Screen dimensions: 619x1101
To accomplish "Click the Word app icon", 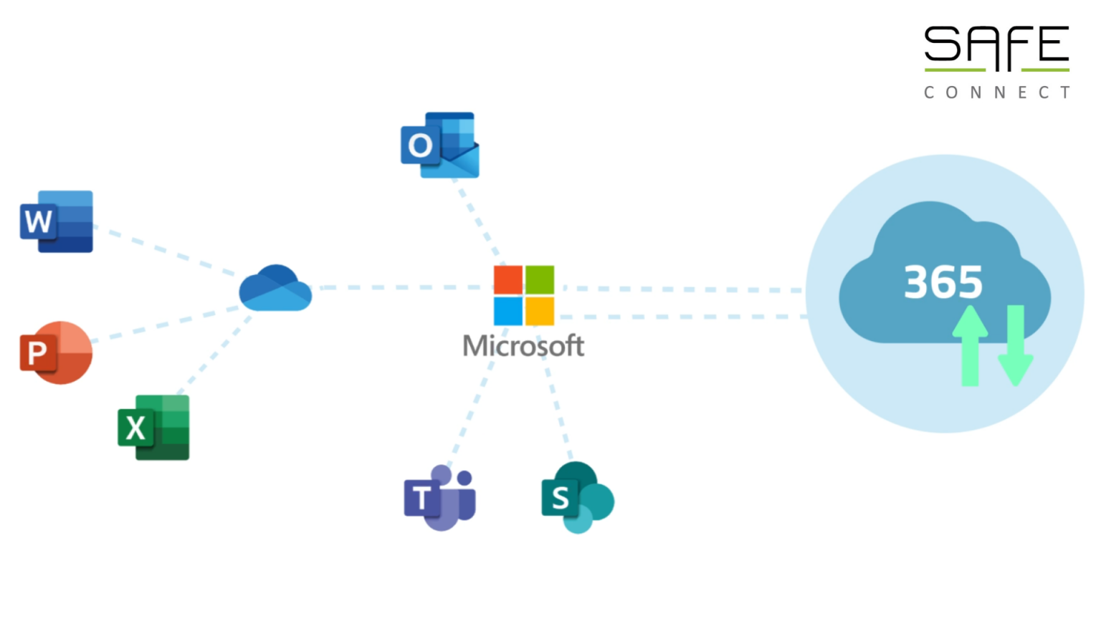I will [x=57, y=221].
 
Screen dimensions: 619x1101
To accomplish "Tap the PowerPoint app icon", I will [x=56, y=352].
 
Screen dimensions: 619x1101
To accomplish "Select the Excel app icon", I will [x=153, y=427].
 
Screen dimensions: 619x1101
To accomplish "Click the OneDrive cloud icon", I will [x=275, y=289].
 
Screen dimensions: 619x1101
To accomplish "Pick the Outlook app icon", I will [x=439, y=145].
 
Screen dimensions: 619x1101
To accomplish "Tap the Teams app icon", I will [x=439, y=498].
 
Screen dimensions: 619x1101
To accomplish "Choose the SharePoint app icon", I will [x=578, y=497].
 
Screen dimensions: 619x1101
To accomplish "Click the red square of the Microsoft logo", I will [x=507, y=280].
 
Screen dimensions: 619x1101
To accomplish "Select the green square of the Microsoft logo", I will [x=540, y=280].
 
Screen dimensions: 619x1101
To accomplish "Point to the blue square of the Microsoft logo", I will [x=507, y=312].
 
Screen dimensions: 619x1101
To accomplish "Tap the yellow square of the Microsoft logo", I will [x=540, y=312].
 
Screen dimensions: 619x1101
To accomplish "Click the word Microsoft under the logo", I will [x=523, y=346].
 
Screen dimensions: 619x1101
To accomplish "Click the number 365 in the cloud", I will [x=943, y=282].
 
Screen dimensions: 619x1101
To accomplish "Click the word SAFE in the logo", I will [x=996, y=47].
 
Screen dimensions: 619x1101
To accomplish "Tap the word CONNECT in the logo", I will [x=996, y=92].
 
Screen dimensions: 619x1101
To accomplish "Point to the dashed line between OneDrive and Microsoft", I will [x=401, y=287].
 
